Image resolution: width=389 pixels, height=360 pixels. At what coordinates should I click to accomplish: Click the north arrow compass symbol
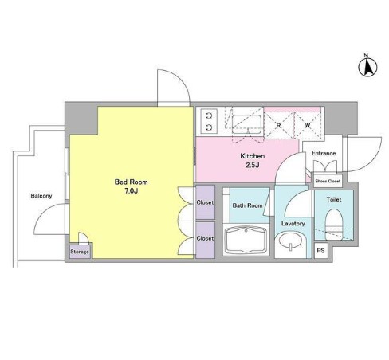tap(368, 68)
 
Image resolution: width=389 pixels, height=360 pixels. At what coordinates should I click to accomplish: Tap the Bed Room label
tap(131, 182)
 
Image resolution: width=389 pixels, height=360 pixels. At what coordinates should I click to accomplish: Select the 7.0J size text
tap(131, 191)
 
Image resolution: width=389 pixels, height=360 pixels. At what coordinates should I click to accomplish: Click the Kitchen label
tap(252, 156)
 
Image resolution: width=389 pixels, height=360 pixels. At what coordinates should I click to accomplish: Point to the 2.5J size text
tap(253, 165)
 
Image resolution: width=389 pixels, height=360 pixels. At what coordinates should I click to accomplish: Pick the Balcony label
tap(41, 196)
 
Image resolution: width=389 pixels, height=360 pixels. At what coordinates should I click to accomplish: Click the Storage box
tap(80, 251)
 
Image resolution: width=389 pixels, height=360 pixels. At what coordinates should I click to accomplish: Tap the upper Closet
tap(205, 202)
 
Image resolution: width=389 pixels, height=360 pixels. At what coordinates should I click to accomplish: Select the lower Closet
tap(205, 240)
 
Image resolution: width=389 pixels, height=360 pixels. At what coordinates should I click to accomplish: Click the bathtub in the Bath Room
tap(246, 240)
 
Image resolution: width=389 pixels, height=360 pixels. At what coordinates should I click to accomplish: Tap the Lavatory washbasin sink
tap(290, 241)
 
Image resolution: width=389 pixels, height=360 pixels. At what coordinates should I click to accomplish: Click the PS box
tap(320, 250)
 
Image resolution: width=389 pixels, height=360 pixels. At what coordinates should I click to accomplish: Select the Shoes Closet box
tap(328, 181)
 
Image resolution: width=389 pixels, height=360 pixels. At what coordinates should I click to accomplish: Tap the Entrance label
tap(324, 153)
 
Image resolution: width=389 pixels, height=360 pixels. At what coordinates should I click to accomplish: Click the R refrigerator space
tap(279, 125)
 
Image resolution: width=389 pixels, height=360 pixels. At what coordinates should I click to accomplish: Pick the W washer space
tap(308, 125)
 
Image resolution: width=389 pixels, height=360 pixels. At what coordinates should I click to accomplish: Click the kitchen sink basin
tap(246, 124)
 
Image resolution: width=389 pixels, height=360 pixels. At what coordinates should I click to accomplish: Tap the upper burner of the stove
tap(209, 115)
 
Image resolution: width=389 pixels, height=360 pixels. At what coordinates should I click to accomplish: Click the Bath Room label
tap(247, 205)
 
